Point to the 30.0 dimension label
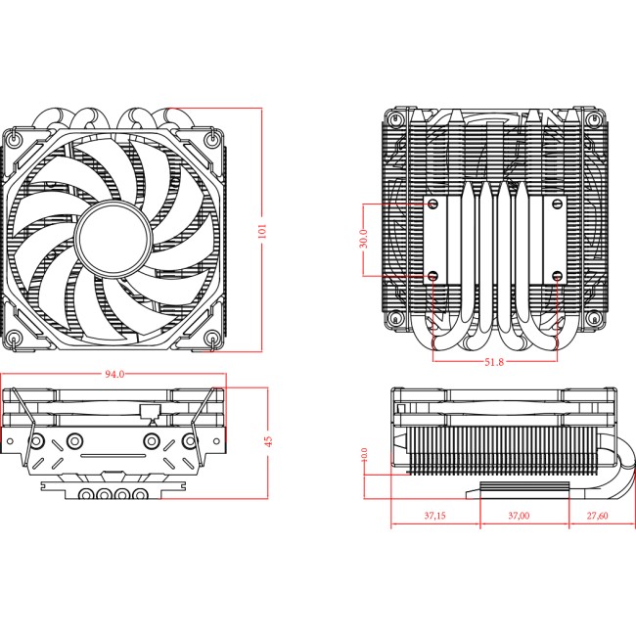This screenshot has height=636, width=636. (x=363, y=239)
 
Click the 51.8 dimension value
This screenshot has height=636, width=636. (x=493, y=363)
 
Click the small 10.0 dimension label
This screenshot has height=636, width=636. (x=364, y=457)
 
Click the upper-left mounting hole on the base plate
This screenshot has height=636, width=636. (x=432, y=204)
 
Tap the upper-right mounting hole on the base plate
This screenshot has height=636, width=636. (x=557, y=204)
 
